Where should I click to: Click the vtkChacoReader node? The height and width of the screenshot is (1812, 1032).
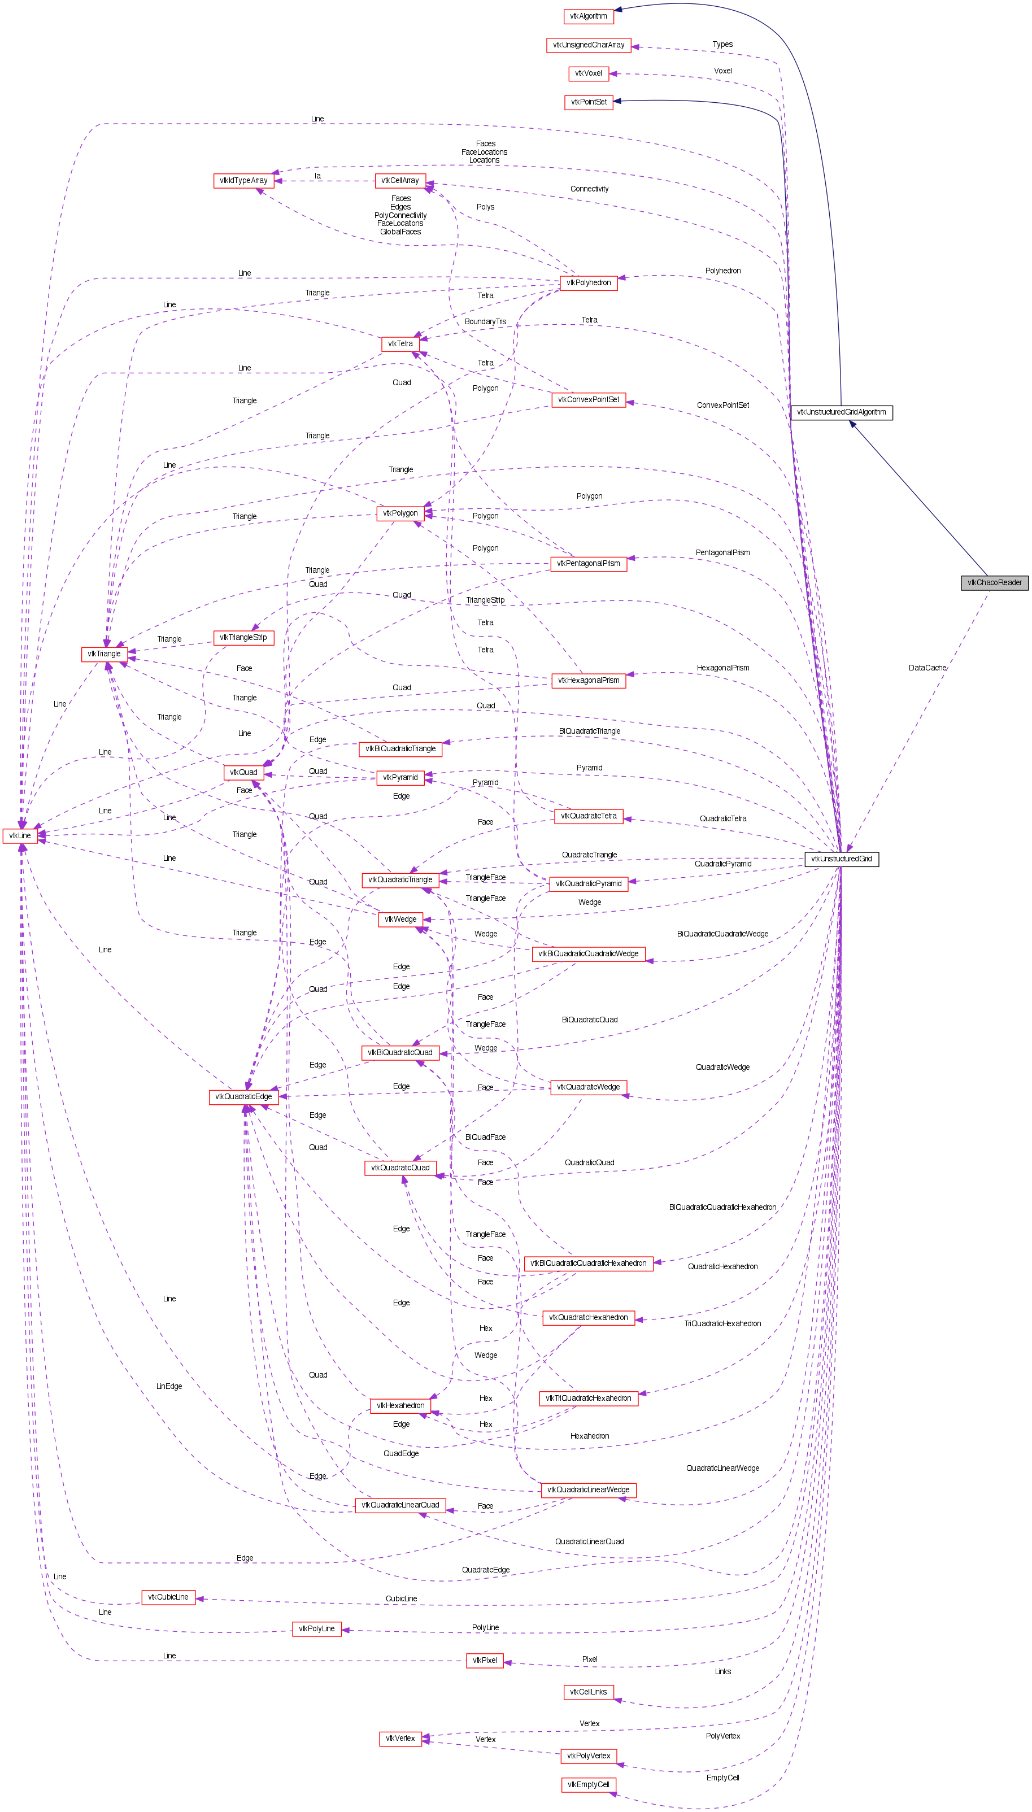pyautogui.click(x=994, y=582)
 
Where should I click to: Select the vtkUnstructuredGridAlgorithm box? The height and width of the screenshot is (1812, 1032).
pyautogui.click(x=841, y=412)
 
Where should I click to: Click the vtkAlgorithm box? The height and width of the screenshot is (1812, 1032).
pyautogui.click(x=588, y=16)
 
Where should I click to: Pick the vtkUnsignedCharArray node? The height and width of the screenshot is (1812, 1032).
pyautogui.click(x=588, y=45)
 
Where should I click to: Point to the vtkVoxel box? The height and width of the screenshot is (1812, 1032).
pyautogui.click(x=588, y=73)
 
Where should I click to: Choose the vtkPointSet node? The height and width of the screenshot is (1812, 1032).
pyautogui.click(x=588, y=102)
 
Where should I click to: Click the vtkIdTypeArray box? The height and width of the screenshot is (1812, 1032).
pyautogui.click(x=243, y=181)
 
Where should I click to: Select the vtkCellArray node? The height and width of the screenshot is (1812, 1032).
pyautogui.click(x=400, y=181)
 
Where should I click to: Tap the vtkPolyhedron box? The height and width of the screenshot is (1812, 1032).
pyautogui.click(x=588, y=283)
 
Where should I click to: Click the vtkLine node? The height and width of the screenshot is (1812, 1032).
pyautogui.click(x=20, y=835)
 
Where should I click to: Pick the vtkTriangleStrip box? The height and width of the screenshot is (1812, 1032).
pyautogui.click(x=243, y=637)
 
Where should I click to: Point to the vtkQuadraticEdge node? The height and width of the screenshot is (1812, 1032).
pyautogui.click(x=243, y=1096)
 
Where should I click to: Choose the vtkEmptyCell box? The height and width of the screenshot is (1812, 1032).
pyautogui.click(x=588, y=1784)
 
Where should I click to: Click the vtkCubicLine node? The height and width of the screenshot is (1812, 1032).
pyautogui.click(x=168, y=1597)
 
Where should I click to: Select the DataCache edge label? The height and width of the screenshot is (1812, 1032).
pyautogui.click(x=927, y=668)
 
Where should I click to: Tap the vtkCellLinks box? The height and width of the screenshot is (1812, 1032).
pyautogui.click(x=588, y=1692)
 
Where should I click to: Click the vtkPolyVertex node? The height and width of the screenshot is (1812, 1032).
pyautogui.click(x=588, y=1756)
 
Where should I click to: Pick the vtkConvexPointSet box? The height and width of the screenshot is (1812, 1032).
pyautogui.click(x=588, y=400)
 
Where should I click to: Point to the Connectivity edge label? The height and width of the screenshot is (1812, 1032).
pyautogui.click(x=589, y=189)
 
